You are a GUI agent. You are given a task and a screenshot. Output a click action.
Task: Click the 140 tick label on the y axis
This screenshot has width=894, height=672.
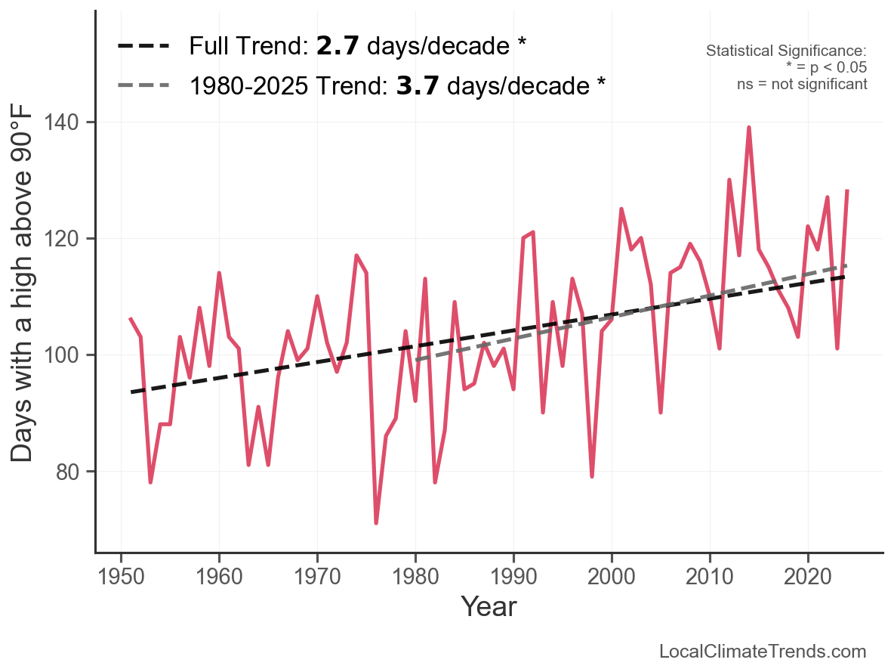[70, 122]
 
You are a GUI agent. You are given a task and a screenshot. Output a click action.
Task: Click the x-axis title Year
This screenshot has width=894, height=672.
[489, 606]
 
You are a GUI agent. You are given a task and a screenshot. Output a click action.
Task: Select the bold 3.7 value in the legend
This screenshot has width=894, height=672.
[418, 85]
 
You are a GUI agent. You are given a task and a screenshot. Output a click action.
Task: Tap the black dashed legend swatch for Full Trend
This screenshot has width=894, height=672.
[143, 47]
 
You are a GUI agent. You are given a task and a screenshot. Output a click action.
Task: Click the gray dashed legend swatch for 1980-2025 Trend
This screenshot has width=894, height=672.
[143, 85]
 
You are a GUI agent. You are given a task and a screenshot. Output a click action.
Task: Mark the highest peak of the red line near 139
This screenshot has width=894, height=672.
[748, 128]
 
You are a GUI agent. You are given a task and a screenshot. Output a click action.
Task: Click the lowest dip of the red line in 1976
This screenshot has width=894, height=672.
[375, 522]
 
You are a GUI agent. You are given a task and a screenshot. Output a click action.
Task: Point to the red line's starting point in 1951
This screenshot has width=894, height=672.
[131, 319]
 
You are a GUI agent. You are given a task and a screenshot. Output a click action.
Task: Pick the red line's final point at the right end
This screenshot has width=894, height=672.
[847, 191]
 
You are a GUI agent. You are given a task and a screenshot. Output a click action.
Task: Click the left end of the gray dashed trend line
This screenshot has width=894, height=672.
[416, 360]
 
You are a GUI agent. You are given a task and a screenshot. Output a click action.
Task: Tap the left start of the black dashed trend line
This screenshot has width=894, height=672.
[131, 392]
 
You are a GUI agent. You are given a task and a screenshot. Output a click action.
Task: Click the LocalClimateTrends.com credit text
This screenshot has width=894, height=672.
[763, 652]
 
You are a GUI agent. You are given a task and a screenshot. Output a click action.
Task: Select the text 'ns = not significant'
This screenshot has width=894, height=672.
[802, 84]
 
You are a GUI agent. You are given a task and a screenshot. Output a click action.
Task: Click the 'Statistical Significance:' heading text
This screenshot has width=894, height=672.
[786, 51]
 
